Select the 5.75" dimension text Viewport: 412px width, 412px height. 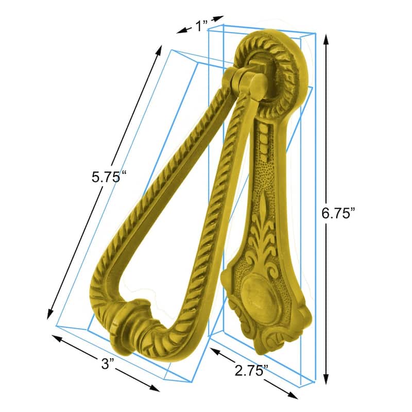(109, 177)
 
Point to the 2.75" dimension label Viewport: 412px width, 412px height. (251, 370)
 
